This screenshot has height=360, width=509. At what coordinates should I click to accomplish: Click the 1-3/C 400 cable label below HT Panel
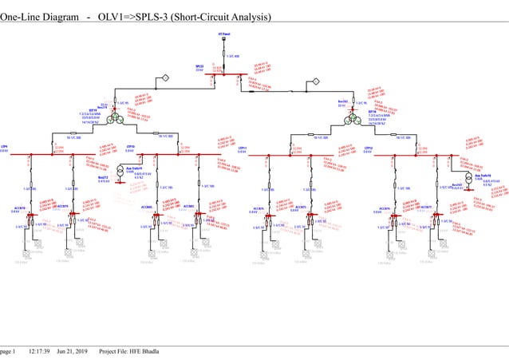point(232,56)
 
